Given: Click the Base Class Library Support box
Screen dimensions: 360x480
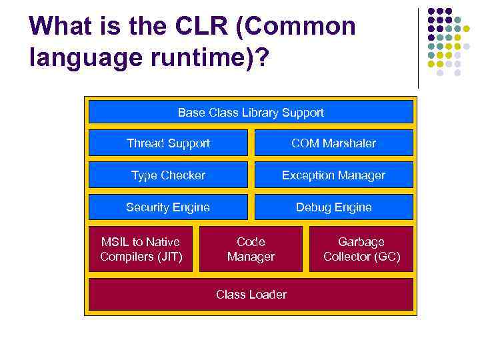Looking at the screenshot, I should pyautogui.click(x=251, y=113).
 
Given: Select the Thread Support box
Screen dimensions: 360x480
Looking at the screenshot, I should pyautogui.click(x=168, y=143).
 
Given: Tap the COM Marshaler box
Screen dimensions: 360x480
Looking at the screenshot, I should pyautogui.click(x=333, y=143).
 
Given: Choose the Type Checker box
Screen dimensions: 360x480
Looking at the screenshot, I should pyautogui.click(x=168, y=175).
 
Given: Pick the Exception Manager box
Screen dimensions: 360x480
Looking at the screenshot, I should pyautogui.click(x=333, y=175).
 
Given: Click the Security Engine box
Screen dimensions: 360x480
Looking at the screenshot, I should pyautogui.click(x=168, y=207).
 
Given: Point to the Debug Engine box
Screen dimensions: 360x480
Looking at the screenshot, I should pyautogui.click(x=333, y=207).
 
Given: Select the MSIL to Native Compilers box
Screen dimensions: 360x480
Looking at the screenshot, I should pyautogui.click(x=141, y=249).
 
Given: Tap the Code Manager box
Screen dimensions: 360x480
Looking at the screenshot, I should pyautogui.click(x=251, y=249).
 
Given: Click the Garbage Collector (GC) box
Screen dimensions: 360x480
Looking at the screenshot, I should pyautogui.click(x=361, y=249).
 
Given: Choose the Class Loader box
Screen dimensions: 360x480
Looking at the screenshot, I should pyautogui.click(x=251, y=295).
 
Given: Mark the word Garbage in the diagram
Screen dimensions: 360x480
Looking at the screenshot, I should pyautogui.click(x=361, y=242).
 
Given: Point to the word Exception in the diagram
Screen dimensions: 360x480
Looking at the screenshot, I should pyautogui.click(x=306, y=175).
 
